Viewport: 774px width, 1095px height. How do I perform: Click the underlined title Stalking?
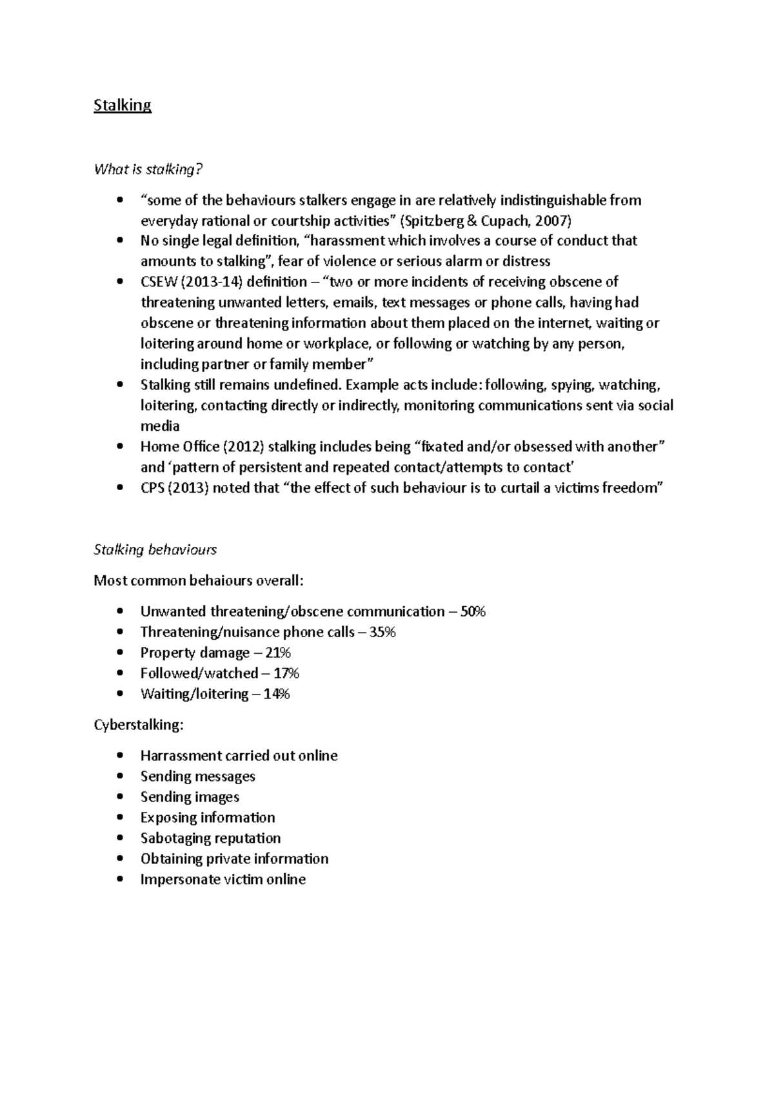point(123,105)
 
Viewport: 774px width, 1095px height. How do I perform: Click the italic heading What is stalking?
point(148,170)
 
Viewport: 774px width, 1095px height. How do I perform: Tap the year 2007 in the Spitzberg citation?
point(553,221)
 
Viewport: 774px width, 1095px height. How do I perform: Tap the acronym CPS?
point(153,488)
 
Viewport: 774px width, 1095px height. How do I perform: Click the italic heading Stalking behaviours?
point(155,550)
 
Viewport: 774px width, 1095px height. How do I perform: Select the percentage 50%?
point(473,611)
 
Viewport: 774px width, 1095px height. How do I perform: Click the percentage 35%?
point(382,632)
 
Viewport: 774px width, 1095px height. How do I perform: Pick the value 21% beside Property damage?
point(278,653)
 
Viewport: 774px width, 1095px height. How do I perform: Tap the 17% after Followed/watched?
point(286,673)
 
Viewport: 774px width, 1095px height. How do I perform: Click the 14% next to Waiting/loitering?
point(277,694)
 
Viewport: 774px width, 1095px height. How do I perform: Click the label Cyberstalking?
point(139,725)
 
